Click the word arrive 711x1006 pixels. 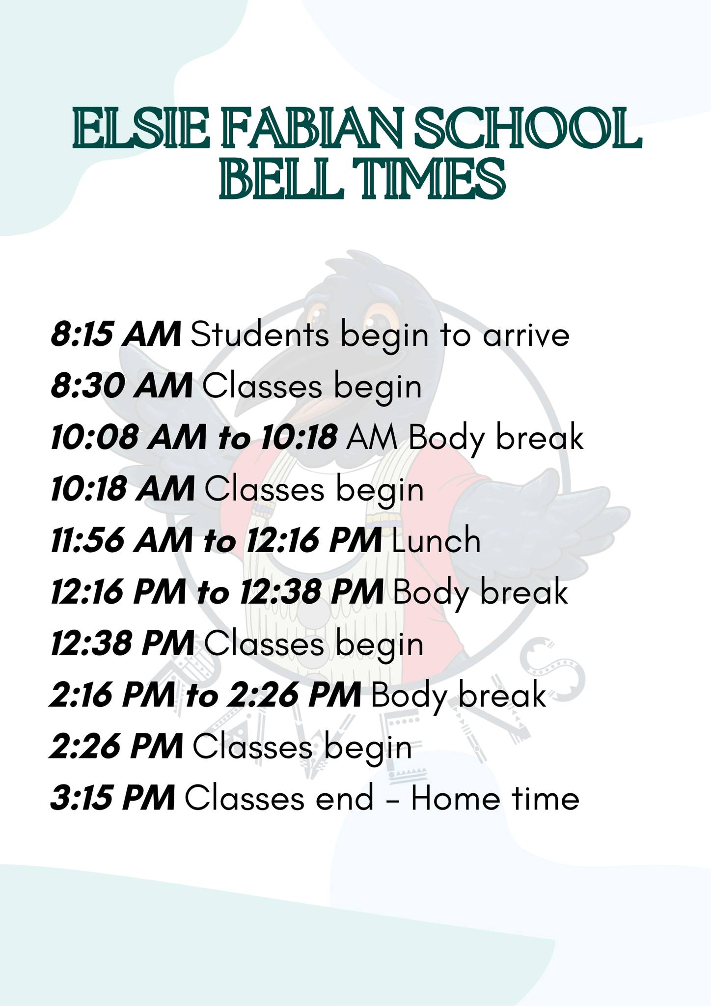click(x=526, y=336)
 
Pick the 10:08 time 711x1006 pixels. click(x=94, y=438)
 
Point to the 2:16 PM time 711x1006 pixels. click(x=112, y=695)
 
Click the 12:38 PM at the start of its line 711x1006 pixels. click(x=123, y=643)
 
